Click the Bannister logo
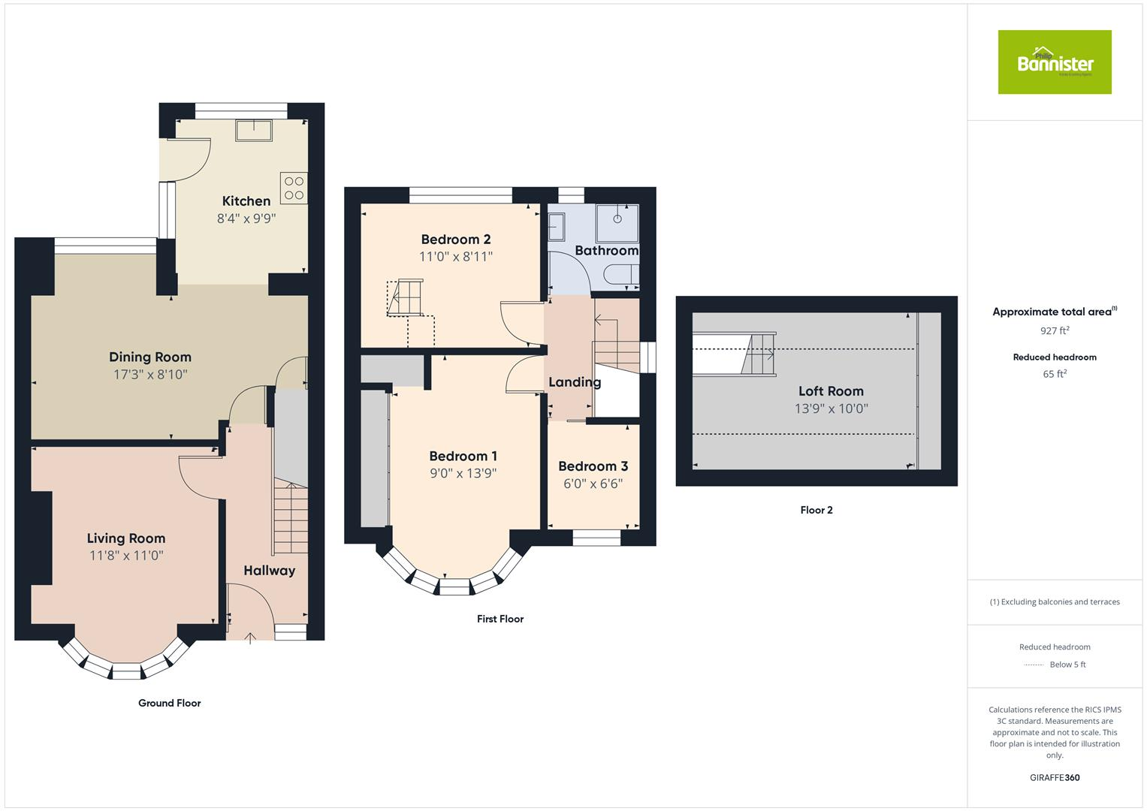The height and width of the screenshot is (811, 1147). [x=1054, y=62]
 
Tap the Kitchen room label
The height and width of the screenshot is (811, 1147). [x=246, y=201]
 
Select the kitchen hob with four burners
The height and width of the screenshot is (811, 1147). [x=294, y=188]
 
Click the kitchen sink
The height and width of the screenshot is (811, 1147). [x=254, y=131]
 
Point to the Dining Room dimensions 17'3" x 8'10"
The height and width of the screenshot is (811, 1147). [x=150, y=374]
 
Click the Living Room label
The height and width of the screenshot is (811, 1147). [x=126, y=538]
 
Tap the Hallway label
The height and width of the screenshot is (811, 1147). [x=269, y=571]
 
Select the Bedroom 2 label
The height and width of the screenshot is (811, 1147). [x=456, y=240]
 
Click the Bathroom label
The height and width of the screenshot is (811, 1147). [x=606, y=250]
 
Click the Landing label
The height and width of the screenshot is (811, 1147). [x=575, y=382]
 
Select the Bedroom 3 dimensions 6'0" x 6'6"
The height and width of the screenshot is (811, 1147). [x=593, y=484]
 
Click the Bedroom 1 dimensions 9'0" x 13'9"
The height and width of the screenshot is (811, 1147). [x=463, y=473]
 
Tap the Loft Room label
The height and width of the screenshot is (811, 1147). [x=831, y=391]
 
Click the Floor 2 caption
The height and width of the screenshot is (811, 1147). [x=816, y=510]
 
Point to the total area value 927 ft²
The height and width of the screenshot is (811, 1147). [x=1055, y=330]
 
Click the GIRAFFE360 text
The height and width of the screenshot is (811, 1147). [x=1055, y=777]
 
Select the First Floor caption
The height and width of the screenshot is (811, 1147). [x=500, y=619]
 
